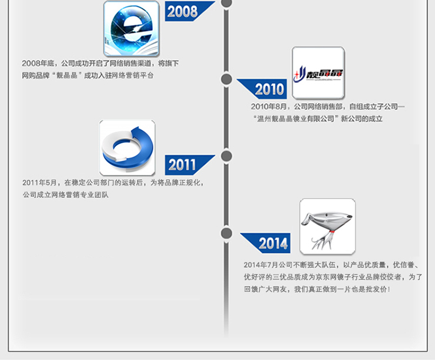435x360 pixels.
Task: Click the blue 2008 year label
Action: click(183, 11)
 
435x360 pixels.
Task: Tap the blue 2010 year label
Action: click(269, 89)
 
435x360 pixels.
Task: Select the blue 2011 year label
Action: click(182, 165)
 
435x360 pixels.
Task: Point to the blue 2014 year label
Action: click(273, 243)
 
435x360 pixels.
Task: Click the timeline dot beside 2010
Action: click(226, 79)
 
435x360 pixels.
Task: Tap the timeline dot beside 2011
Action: click(226, 156)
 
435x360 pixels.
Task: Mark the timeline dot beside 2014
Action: click(226, 233)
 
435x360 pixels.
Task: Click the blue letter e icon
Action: click(131, 28)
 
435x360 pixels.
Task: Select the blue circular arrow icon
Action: click(127, 147)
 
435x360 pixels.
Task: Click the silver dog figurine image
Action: click(327, 226)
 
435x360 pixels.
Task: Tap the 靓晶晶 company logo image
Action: click(318, 73)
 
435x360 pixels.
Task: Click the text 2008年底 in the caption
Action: click(38, 63)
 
